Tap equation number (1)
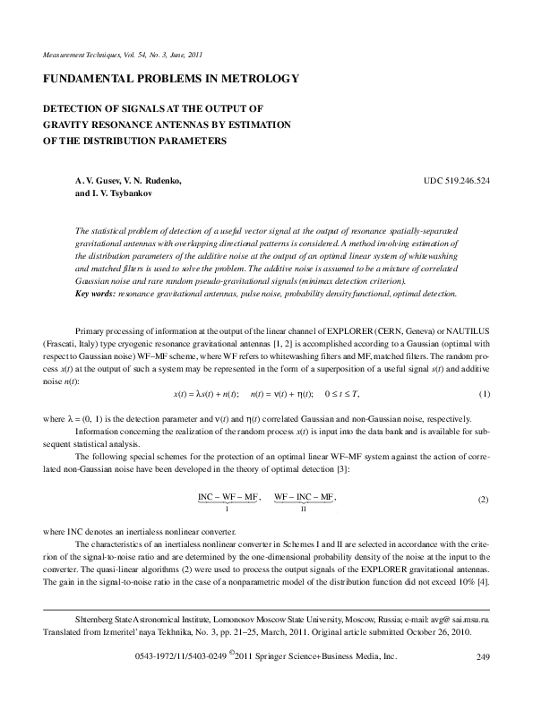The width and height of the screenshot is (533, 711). [485, 369]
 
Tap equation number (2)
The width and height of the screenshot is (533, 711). [484, 497]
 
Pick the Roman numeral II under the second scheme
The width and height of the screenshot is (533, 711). [304, 509]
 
